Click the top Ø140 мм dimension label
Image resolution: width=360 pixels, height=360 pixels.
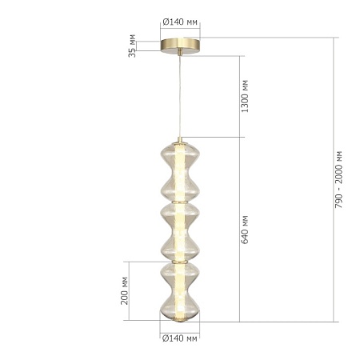pyautogui.click(x=180, y=22)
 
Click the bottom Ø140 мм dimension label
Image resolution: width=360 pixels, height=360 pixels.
pyautogui.click(x=180, y=338)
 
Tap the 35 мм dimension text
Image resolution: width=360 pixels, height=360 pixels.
pyautogui.click(x=132, y=46)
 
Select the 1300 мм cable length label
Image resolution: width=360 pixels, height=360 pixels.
pyautogui.click(x=245, y=96)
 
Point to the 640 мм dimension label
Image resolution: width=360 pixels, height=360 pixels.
pyautogui.click(x=245, y=230)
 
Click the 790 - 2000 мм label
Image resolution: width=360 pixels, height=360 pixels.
pyautogui.click(x=338, y=179)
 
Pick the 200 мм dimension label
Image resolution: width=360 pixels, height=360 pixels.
pyautogui.click(x=125, y=290)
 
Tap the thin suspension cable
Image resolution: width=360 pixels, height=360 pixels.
pyautogui.click(x=180, y=97)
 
